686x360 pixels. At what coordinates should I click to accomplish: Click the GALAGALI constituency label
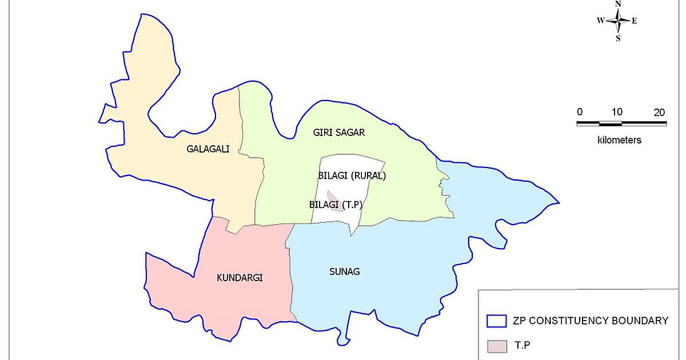pos(208,149)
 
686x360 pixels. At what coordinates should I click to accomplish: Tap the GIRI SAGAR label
pos(339,133)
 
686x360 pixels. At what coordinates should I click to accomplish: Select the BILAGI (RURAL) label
pos(352,175)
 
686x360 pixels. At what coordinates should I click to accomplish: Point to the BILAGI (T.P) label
pos(337,204)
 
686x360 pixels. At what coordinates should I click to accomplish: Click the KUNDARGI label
pos(240,278)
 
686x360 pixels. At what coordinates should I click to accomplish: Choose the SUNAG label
pos(345,271)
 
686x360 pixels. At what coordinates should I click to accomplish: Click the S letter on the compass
pos(618,38)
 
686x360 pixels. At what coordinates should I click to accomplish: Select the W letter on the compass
pos(601,21)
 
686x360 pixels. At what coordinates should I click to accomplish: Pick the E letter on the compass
pos(635,21)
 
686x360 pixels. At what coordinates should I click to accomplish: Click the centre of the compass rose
pos(618,21)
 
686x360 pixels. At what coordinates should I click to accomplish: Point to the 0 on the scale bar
pos(580,112)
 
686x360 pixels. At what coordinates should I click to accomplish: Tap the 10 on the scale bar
pos(617,112)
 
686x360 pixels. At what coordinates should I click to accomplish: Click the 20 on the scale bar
pos(660,112)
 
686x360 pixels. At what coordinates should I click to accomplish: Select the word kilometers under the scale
pos(620,140)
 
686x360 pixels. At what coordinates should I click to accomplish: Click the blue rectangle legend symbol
pos(496,321)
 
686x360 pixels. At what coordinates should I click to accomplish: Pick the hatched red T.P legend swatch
pos(496,346)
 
